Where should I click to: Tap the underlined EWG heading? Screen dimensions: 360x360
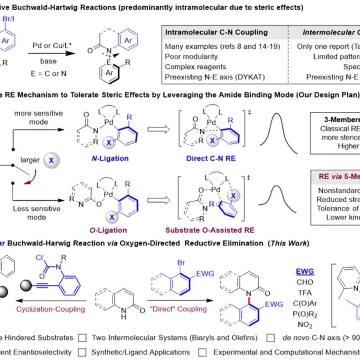(305, 271)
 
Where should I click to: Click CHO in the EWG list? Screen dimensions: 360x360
(305, 282)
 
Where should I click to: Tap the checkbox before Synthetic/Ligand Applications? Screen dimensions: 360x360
(83, 352)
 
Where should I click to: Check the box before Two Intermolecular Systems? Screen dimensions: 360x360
(83, 338)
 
